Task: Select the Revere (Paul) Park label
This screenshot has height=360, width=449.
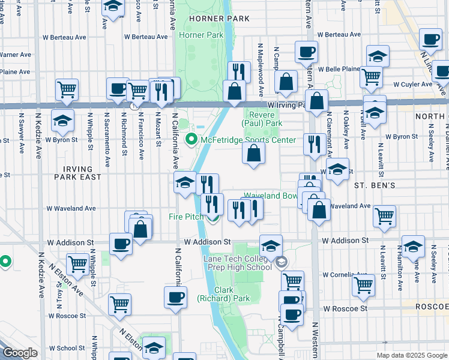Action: [x=262, y=118]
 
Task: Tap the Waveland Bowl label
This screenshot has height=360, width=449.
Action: [x=270, y=196]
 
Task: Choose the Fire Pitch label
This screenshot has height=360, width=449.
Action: [x=185, y=216]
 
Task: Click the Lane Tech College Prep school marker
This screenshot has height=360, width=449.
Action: [x=280, y=262]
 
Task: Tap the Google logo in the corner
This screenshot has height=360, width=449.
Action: [x=20, y=353]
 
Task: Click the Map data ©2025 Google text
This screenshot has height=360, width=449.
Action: [x=412, y=355]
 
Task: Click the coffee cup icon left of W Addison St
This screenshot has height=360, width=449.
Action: [x=121, y=244]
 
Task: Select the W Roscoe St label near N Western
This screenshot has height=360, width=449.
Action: [x=345, y=308]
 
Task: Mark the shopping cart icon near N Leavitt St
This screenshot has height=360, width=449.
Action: [x=384, y=216]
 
